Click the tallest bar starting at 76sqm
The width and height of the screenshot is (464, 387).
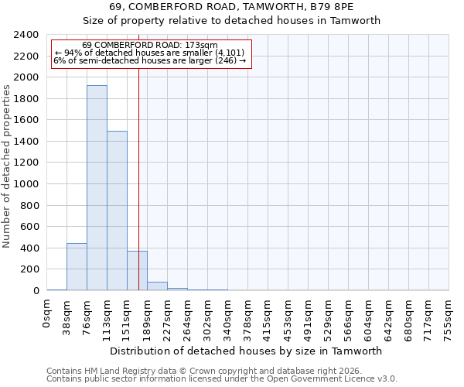point(97,188)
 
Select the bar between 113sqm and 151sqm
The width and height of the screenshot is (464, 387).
point(117,211)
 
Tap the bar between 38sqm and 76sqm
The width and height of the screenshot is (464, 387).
point(77,267)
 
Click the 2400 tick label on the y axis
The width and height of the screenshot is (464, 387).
point(27,35)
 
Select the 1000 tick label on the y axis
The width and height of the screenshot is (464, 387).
point(27,184)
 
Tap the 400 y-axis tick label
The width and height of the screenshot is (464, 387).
point(30,248)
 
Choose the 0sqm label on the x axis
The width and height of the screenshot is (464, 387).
point(47,314)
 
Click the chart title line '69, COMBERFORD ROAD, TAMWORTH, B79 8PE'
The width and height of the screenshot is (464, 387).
point(231,7)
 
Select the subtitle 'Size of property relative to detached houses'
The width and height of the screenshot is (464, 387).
point(231,21)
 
